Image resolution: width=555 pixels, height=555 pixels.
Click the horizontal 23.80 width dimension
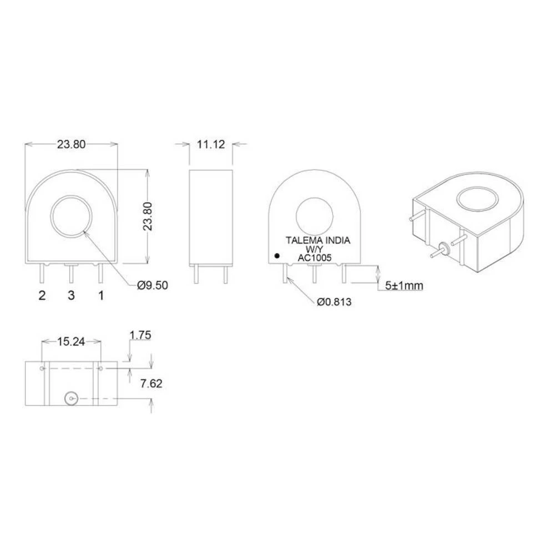click(x=71, y=144)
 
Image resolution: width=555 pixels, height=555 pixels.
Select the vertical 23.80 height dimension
click(x=155, y=216)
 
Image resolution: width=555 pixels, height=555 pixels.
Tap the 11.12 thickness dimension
click(x=210, y=144)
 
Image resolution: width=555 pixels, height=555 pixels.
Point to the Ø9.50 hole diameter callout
click(x=152, y=285)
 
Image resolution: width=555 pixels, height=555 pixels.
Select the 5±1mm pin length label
click(x=404, y=286)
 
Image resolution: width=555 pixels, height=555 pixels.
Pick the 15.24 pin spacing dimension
click(x=71, y=342)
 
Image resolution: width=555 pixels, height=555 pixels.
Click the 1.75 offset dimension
click(x=140, y=335)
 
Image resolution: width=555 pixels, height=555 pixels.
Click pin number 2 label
click(x=42, y=295)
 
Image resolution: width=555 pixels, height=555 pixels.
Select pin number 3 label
click(x=71, y=295)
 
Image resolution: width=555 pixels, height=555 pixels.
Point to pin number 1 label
click(x=101, y=295)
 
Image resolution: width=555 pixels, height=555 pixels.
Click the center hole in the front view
click(x=73, y=217)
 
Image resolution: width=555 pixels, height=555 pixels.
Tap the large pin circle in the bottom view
click(x=70, y=398)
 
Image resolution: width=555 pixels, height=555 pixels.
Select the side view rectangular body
click(x=210, y=216)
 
